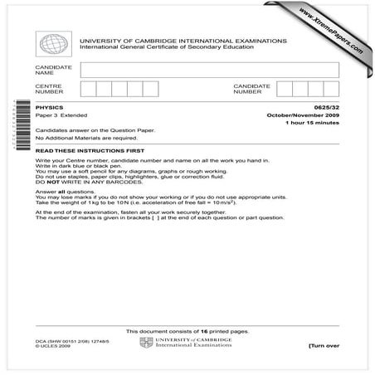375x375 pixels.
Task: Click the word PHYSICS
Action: click(x=48, y=107)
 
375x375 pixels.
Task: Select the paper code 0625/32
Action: click(x=325, y=107)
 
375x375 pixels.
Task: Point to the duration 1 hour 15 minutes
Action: click(x=313, y=123)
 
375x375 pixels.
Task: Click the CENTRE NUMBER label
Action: click(x=47, y=89)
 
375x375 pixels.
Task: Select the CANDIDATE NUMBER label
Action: click(x=251, y=89)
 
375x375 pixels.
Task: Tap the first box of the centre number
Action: click(x=88, y=89)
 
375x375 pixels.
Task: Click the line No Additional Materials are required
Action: click(x=81, y=138)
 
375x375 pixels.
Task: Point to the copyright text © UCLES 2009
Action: click(x=49, y=346)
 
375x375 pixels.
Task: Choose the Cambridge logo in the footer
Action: click(x=147, y=343)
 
